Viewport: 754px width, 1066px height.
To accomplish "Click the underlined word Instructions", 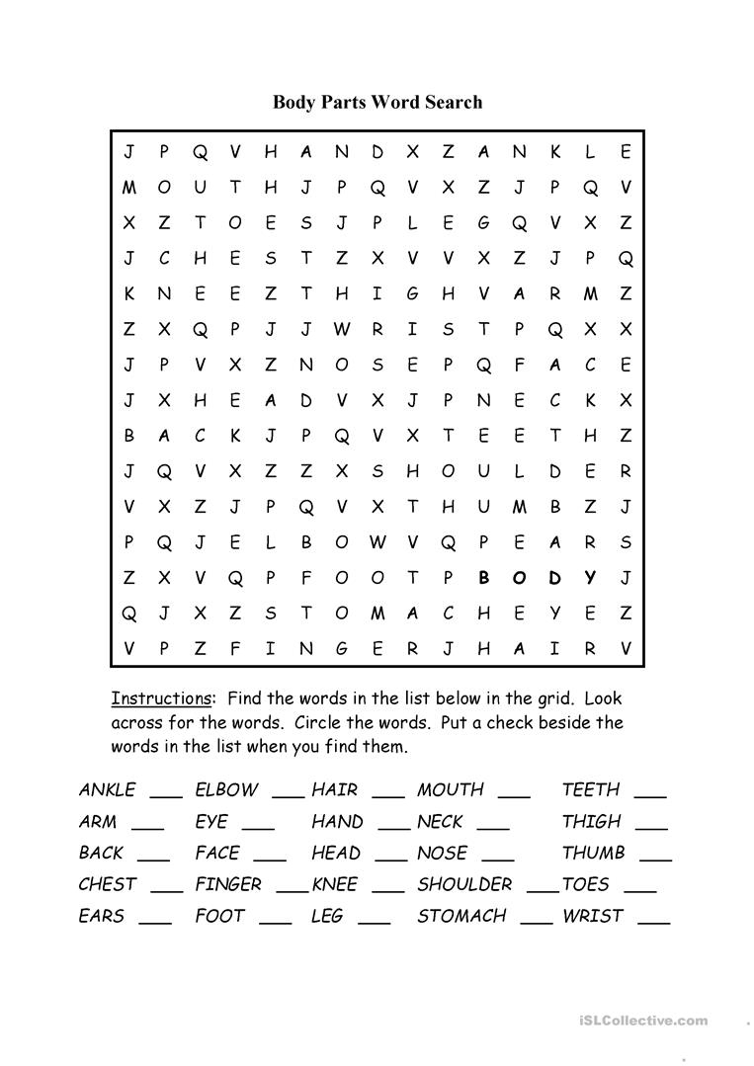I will click(160, 698).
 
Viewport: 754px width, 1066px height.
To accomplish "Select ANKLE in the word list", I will click(107, 789).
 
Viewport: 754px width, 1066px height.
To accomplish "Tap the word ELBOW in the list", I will click(226, 789).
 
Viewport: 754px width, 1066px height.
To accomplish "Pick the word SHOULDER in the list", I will click(464, 884).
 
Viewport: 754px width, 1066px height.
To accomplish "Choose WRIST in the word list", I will click(593, 916).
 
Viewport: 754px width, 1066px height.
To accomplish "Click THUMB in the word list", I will click(594, 853).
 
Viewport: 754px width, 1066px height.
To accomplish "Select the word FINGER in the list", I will click(228, 884).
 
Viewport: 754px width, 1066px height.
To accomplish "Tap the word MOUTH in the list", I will click(451, 789).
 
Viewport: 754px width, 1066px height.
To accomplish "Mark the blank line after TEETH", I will click(650, 794).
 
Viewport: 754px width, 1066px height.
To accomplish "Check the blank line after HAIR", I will click(388, 794).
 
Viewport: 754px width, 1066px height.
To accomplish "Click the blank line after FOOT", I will click(276, 921).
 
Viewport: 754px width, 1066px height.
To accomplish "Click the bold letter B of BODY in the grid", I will click(483, 578).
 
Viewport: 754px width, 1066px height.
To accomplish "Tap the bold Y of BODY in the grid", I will click(590, 578).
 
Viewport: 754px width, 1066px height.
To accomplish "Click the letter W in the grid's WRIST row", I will click(342, 329).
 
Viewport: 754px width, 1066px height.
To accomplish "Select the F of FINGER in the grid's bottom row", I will click(235, 649).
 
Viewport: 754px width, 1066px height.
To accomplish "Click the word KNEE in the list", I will click(334, 884).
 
